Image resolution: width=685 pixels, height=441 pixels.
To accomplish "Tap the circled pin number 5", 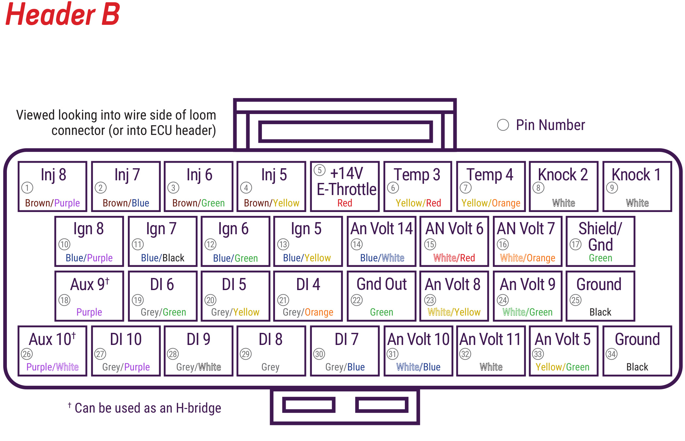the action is pos(320,170).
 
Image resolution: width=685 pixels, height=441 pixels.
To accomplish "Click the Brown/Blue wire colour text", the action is pos(126,203).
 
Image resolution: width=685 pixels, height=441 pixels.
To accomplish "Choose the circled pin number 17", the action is pos(576,244).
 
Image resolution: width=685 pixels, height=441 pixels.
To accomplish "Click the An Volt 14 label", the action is pos(382,228).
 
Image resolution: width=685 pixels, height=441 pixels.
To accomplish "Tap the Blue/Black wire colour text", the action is pos(162,258).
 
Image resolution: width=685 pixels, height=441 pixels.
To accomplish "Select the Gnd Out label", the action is pos(382,284).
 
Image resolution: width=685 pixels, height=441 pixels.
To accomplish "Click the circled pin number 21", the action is pos(283,300).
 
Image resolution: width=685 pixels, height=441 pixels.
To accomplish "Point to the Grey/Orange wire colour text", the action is pos(308,312).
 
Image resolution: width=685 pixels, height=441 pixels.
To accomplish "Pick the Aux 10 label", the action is pos(52,339).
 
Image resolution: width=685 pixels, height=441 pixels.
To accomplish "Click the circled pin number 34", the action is pos(612,354).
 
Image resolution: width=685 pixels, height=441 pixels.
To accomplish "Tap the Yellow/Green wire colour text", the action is pos(562,367).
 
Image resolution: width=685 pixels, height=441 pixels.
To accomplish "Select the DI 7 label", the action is pos(346,339).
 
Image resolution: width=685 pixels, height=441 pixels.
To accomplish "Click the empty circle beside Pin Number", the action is pos(503,125).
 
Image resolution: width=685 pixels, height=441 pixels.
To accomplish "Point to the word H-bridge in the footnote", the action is pos(198,408).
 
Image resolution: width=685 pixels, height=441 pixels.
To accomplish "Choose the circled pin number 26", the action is pos(27,354).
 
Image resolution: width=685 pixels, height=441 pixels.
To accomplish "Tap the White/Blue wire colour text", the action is pos(418,367).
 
